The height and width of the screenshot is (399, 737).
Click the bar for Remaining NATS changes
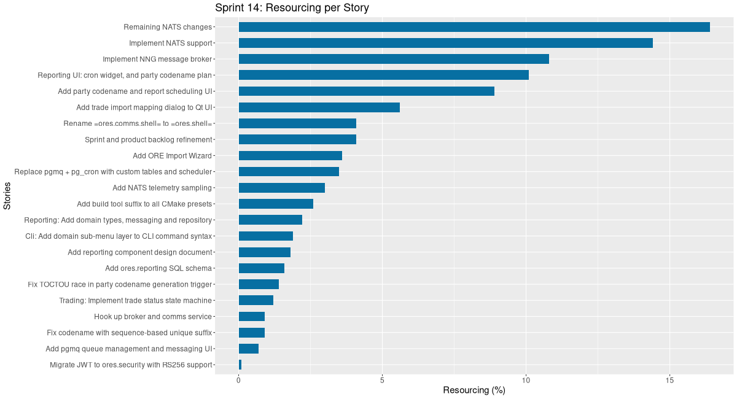point(474,27)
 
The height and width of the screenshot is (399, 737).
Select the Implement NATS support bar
point(445,43)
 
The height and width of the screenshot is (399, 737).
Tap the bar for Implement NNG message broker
point(393,59)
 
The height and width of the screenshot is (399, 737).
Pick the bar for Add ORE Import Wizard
point(290,155)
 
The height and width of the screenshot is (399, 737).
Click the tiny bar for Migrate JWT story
point(240,365)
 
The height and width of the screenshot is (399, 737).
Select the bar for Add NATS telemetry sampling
point(281,188)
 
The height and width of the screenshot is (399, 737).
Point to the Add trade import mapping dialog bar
point(319,107)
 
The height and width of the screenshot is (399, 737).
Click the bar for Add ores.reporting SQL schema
point(261,268)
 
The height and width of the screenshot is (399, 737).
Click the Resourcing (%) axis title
point(474,390)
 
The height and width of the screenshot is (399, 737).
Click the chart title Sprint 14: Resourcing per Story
point(292,8)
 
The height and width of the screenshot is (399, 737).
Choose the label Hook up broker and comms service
point(153,317)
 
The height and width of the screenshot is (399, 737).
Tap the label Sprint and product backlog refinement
point(148,140)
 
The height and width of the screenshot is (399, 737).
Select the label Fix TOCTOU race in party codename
point(120,284)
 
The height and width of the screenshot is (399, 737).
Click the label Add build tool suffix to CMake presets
point(144,204)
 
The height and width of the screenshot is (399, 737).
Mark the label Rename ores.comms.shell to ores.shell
point(138,123)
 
